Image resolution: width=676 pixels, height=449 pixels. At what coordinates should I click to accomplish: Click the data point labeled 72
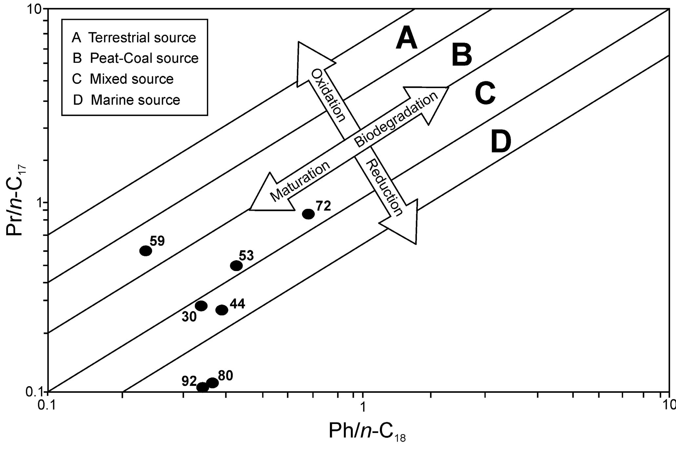[308, 214]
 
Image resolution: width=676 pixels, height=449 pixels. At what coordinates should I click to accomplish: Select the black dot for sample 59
[146, 251]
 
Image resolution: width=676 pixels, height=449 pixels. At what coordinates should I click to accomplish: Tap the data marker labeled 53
[236, 266]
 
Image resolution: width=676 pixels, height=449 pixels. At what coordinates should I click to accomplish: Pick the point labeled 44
[222, 310]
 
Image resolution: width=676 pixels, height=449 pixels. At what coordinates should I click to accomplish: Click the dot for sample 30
[201, 306]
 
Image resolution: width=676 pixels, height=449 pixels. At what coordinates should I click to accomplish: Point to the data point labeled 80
[213, 383]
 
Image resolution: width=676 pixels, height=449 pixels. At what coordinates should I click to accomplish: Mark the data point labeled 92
[203, 387]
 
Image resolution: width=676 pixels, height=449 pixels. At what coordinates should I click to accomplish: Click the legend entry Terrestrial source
[134, 38]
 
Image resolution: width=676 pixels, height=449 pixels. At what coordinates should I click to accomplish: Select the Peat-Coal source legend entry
[135, 58]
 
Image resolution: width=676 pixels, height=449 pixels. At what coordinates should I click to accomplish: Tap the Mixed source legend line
[123, 79]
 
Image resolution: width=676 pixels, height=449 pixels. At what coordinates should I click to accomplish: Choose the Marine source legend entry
[127, 100]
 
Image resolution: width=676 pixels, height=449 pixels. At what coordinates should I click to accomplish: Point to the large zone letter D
[501, 142]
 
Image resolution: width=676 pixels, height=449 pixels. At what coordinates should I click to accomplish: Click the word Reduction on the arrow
[384, 187]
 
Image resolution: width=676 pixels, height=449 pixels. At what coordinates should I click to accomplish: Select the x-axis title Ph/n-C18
[367, 432]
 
